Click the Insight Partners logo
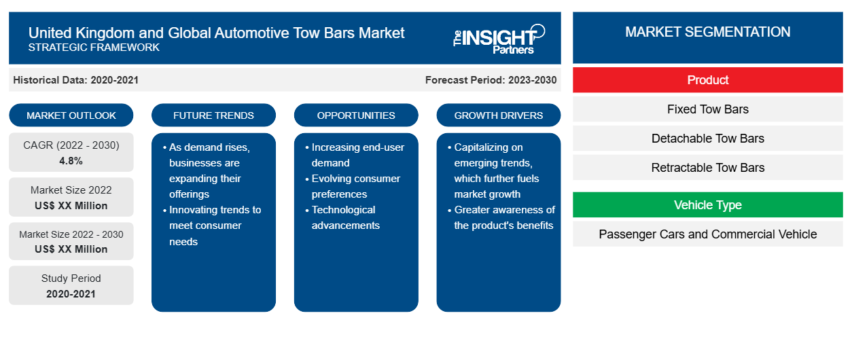pos(499,39)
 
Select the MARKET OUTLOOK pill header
pos(71,115)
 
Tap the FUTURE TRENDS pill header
pos(213,115)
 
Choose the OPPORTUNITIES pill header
pos(356,115)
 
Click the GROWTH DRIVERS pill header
pos(498,115)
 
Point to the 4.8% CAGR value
pos(71,161)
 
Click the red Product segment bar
pos(707,80)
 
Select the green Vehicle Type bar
pos(707,205)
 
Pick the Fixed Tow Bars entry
pos(707,109)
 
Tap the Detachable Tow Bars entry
pos(707,139)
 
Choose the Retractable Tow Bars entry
pos(707,167)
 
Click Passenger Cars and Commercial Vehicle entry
pos(707,234)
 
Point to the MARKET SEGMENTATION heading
pos(707,32)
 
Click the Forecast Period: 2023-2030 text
pos(491,80)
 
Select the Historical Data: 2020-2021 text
pos(75,80)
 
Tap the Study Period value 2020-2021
pos(71,294)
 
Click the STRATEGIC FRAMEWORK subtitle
pos(94,48)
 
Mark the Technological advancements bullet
pos(342,217)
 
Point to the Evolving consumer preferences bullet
pos(353,186)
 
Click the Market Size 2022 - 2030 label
pos(71,234)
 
